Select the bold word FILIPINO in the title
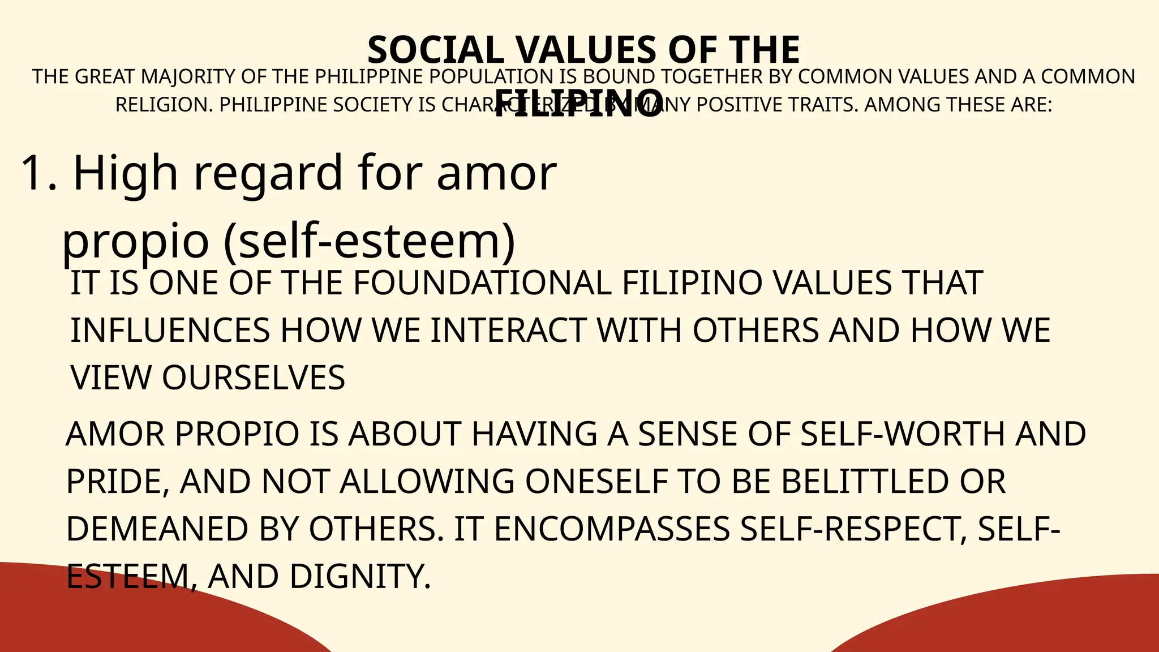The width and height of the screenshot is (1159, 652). click(578, 104)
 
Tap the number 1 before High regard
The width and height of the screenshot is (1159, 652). click(33, 173)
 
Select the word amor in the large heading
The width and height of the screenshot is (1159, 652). click(496, 173)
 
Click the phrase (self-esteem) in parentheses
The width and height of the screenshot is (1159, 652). click(370, 241)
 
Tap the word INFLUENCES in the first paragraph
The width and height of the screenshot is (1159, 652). click(170, 331)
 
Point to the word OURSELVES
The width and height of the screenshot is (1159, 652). click(254, 378)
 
